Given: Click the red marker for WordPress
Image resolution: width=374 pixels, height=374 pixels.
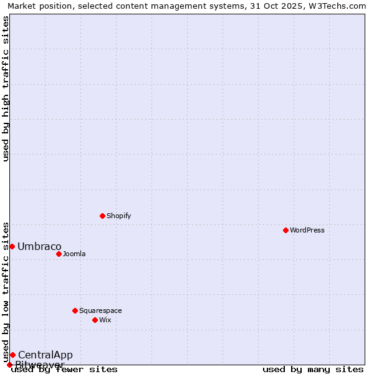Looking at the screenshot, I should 285,230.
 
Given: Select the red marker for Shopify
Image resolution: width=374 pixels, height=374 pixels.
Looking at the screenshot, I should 102,216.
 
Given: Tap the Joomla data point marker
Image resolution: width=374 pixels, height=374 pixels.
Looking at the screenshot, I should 59,254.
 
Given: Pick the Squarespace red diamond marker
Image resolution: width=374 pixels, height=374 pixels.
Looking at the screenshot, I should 75,310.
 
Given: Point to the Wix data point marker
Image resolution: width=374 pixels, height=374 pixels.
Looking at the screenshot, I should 95,320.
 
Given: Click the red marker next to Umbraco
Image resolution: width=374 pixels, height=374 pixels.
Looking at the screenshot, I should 12,246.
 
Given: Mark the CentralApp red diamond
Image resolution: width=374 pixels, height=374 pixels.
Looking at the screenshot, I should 12,355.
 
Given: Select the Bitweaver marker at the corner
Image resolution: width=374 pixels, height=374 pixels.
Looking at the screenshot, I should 9,365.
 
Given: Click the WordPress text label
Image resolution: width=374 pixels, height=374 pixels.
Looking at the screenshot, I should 307,230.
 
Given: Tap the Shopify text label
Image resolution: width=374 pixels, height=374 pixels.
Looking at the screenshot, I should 118,216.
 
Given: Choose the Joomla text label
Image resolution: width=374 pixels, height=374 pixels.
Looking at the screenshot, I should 74,254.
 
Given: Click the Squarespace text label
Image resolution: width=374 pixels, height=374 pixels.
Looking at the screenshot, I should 100,310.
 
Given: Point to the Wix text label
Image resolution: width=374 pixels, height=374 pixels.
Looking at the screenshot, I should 105,320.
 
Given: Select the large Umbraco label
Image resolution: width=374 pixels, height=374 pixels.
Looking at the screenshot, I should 39,246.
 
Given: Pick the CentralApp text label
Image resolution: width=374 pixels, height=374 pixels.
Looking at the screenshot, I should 45,355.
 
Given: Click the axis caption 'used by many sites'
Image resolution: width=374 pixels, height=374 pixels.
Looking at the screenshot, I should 313,370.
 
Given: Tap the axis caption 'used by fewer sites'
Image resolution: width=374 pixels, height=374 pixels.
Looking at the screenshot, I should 64,370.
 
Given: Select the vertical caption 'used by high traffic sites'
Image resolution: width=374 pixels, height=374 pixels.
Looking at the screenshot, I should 6,89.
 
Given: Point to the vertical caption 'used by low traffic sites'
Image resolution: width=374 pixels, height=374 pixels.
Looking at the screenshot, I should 6,292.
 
